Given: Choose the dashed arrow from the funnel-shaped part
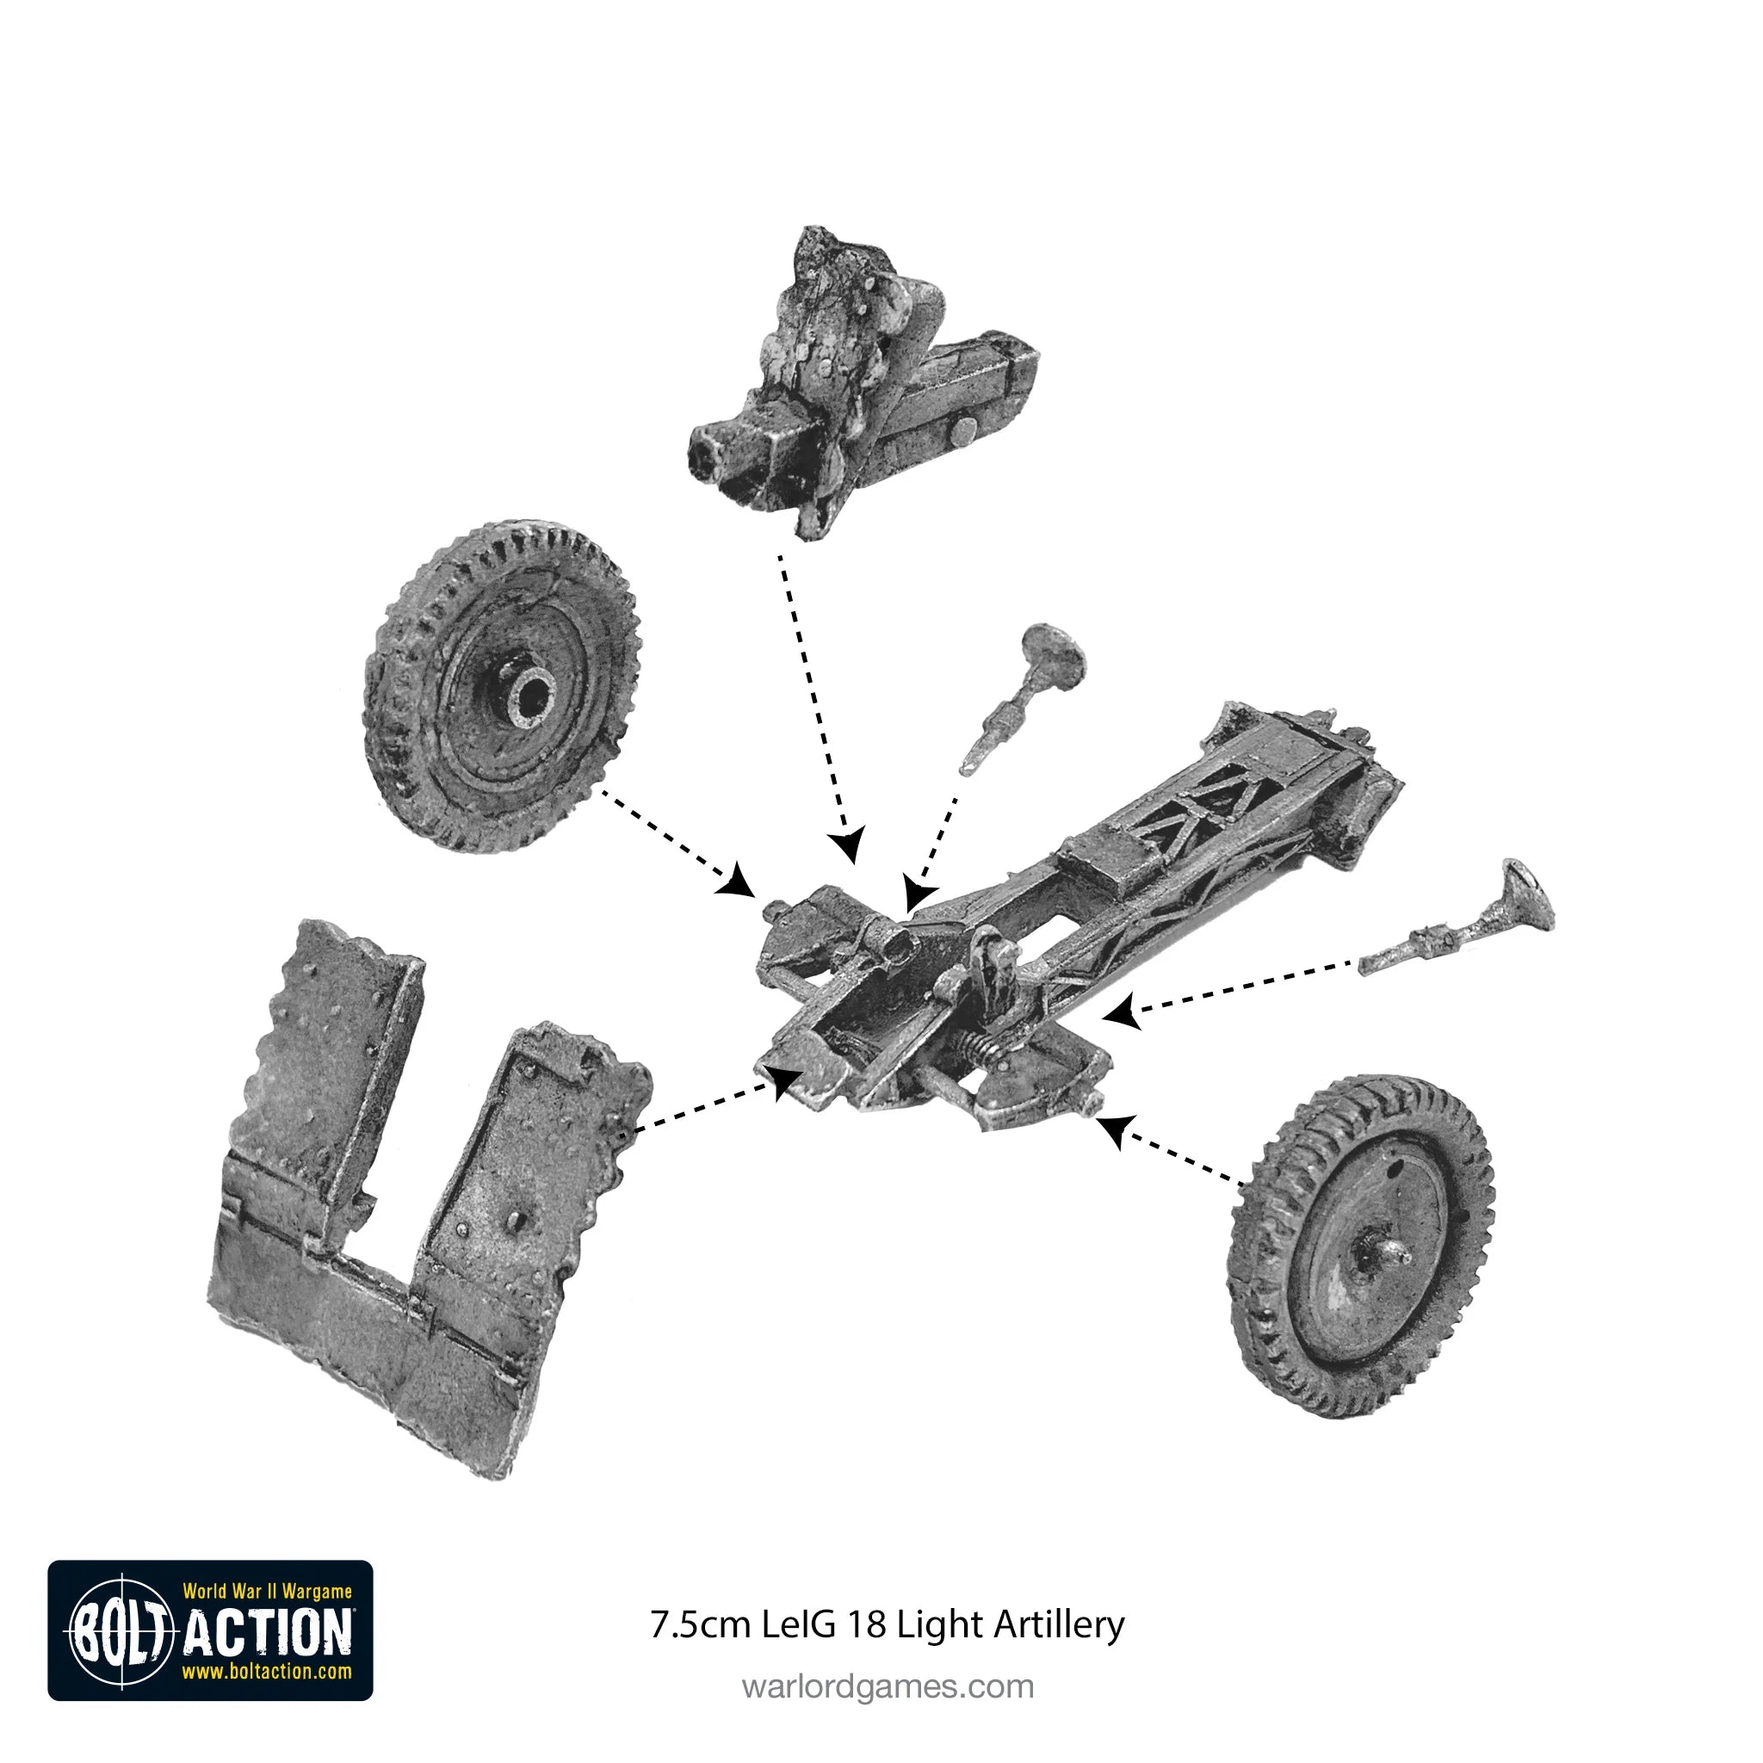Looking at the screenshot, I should pyautogui.click(x=1232, y=991).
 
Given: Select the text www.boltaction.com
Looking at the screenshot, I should pyautogui.click(x=267, y=1672).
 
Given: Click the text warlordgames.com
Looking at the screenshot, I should pyautogui.click(x=888, y=1686).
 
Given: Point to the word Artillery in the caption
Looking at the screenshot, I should pyautogui.click(x=1060, y=1625).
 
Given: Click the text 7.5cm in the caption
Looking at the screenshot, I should pyautogui.click(x=700, y=1625).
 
